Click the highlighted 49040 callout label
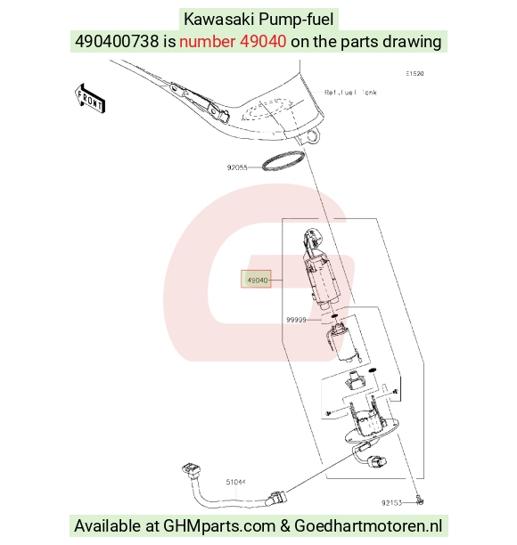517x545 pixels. (256, 279)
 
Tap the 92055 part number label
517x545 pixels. (237, 167)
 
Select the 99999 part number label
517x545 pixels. (296, 320)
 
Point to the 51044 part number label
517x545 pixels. (235, 482)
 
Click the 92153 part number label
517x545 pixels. (391, 502)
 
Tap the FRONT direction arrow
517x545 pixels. (90, 98)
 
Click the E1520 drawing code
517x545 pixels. (414, 73)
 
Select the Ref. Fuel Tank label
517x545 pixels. (350, 92)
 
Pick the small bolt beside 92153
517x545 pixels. (420, 500)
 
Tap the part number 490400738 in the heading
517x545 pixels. (117, 41)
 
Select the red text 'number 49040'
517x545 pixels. (233, 41)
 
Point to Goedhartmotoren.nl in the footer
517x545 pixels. (368, 526)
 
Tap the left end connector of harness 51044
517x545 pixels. (190, 468)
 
